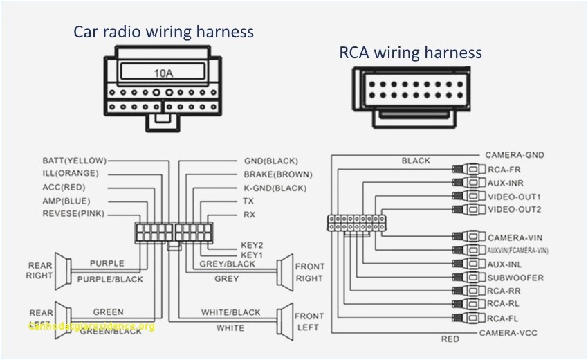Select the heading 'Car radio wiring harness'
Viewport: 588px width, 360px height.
click(x=164, y=32)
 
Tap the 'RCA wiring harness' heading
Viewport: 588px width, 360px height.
click(x=410, y=53)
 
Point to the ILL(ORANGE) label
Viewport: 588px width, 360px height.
click(x=71, y=173)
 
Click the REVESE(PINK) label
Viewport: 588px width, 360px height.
click(x=73, y=214)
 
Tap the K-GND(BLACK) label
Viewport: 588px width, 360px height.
click(x=275, y=188)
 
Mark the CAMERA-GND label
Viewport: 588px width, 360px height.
click(x=513, y=155)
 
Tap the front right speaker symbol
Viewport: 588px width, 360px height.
click(x=284, y=271)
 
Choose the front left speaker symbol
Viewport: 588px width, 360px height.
click(x=284, y=321)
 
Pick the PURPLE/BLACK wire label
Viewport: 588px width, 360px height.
click(x=110, y=280)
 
